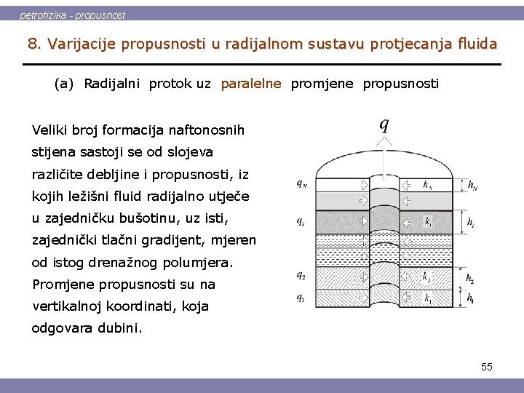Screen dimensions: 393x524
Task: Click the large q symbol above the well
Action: (x=384, y=124)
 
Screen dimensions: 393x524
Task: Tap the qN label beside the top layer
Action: (x=301, y=183)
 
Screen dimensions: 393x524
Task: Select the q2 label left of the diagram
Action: (x=301, y=275)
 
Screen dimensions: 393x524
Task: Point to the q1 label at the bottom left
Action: (x=301, y=296)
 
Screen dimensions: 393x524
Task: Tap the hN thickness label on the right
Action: (x=473, y=185)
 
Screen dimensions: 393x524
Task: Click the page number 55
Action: (x=486, y=367)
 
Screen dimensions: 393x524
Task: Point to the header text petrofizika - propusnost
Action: (x=72, y=15)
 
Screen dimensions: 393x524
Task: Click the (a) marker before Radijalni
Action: (x=64, y=84)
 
